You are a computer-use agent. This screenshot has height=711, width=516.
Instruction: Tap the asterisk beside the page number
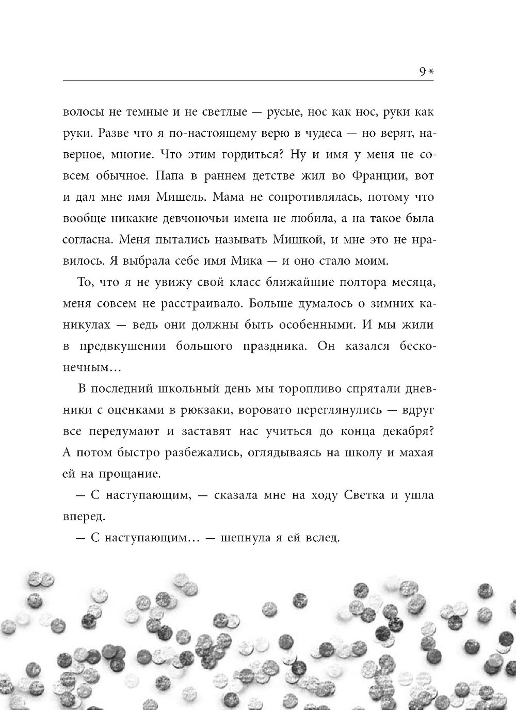(x=431, y=73)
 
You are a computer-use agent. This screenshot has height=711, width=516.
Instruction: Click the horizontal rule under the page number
(x=248, y=80)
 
